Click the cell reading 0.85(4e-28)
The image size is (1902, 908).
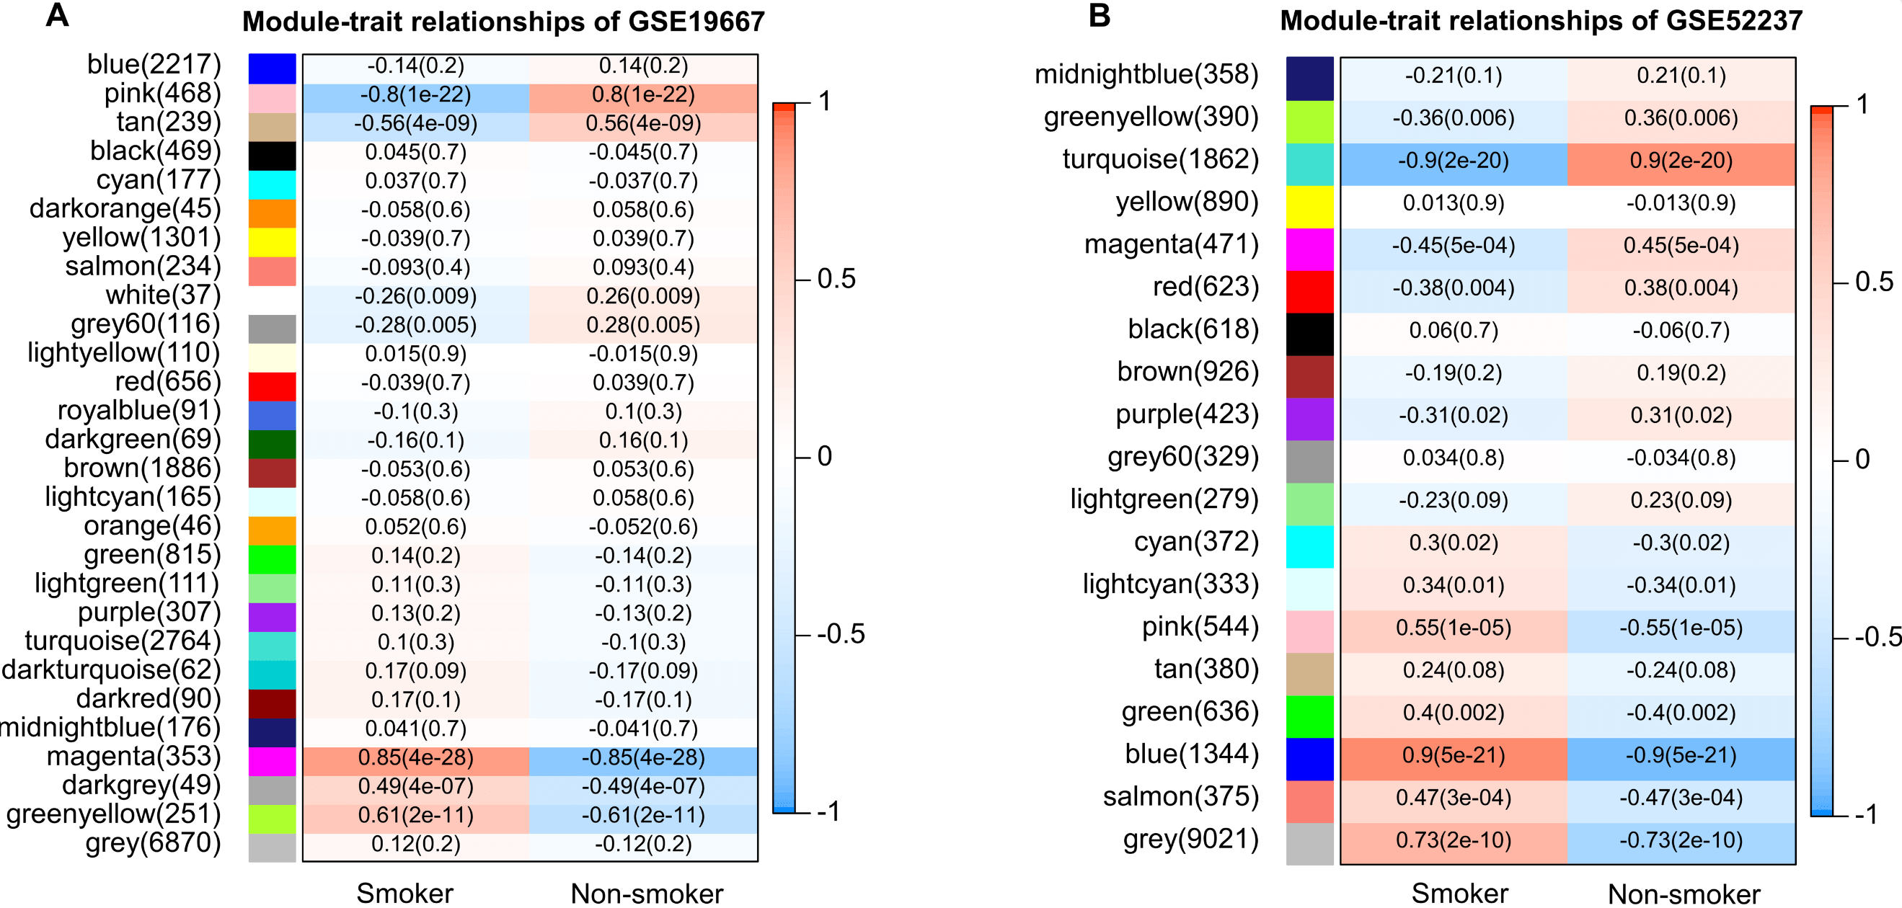coord(416,758)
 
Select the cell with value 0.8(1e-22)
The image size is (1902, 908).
coord(643,95)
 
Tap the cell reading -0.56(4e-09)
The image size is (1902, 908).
coord(416,124)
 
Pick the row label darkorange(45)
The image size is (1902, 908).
coord(125,209)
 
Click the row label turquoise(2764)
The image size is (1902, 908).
coord(123,641)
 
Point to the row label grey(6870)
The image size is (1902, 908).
coord(153,843)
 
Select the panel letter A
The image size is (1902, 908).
coord(57,16)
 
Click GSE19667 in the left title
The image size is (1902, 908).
coord(696,22)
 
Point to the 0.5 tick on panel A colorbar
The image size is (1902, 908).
coord(836,280)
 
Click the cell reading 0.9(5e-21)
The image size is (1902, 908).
coord(1453,756)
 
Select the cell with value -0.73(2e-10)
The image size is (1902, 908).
coord(1681,841)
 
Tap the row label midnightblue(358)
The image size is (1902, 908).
coord(1146,74)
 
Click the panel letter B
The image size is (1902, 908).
coord(1100,16)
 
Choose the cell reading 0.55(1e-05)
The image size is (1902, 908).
coord(1453,628)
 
